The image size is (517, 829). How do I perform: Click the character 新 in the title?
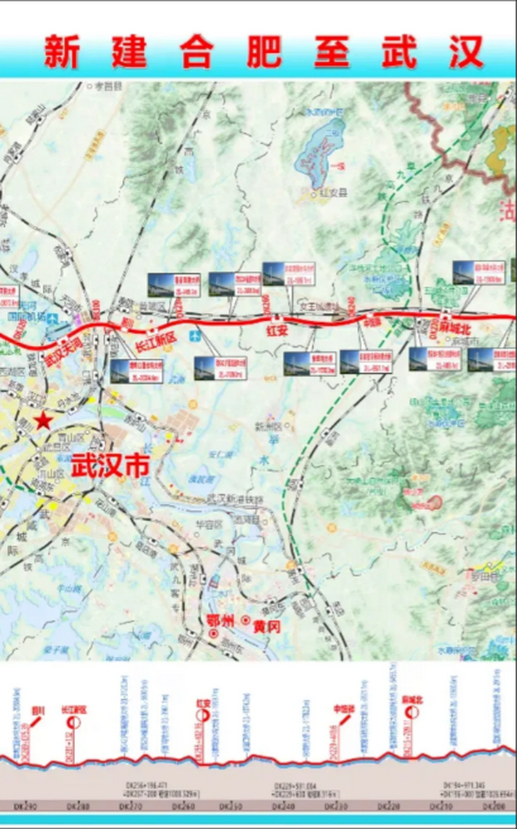62,52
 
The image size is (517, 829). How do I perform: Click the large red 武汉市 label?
110,466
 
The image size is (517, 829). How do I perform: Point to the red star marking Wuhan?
43,421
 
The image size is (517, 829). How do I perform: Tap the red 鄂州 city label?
219,619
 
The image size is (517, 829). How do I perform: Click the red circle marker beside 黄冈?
246,620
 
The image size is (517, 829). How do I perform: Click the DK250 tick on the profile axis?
231,806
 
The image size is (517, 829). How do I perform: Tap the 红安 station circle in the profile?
203,715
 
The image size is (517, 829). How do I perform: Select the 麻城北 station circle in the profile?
412,712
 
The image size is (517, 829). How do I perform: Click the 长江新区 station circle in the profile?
73,721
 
